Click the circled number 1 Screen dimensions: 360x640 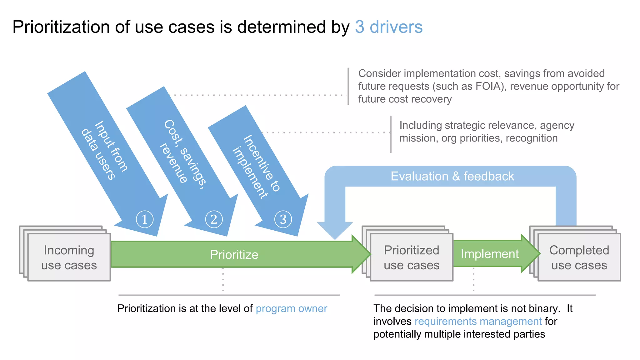click(145, 219)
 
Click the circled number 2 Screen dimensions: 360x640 click(214, 219)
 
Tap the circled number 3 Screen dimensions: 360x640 click(283, 219)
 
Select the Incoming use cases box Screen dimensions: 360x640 click(69, 257)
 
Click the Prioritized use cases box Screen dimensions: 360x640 click(412, 257)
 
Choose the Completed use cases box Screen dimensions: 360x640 click(579, 257)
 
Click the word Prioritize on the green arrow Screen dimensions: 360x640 click(234, 255)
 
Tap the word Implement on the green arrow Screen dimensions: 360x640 click(489, 254)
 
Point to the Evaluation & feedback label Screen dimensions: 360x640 click(452, 176)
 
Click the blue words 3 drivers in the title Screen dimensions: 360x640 click(388, 27)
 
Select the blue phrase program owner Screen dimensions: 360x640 click(291, 308)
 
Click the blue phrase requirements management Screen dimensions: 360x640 click(478, 321)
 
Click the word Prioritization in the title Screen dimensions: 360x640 click(61, 27)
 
